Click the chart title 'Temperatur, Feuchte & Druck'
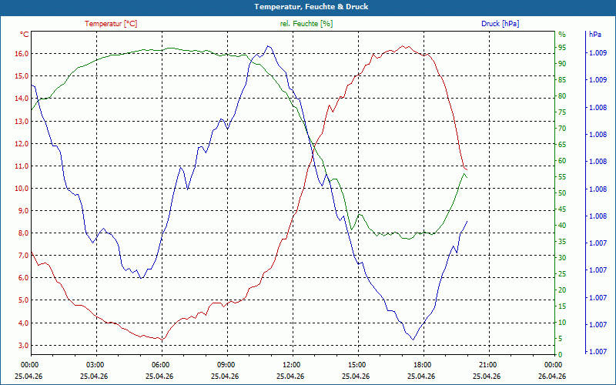tap(307, 6)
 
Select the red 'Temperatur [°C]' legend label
tap(111, 24)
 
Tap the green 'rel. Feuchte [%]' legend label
tap(306, 24)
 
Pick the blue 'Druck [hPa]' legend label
tap(500, 24)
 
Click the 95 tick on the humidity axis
tap(562, 48)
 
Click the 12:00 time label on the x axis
tap(291, 365)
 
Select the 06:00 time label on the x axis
tap(160, 365)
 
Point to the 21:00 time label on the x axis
tap(487, 365)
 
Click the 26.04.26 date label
tap(553, 376)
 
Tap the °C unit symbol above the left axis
tap(25, 35)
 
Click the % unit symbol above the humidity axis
tap(562, 35)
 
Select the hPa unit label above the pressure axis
tap(595, 35)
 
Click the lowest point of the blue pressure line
tap(413, 340)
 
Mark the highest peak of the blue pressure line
tap(268, 46)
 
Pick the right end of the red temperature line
tap(467, 169)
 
